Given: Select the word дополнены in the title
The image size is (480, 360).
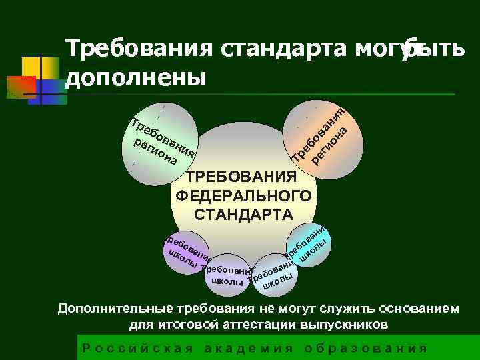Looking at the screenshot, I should pos(136,77).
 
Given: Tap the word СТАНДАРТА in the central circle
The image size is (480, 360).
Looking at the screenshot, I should pos(243,215).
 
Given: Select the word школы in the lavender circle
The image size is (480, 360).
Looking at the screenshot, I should pos(227,282).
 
